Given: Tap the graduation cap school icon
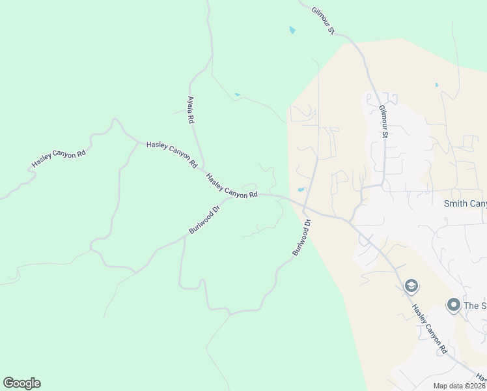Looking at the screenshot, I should tap(411, 285).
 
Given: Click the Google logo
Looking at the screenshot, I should tap(21, 383).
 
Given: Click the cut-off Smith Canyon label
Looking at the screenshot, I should tap(465, 204).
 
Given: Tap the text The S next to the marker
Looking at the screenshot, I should tap(475, 306).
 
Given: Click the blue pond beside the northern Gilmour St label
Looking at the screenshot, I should tap(292, 30).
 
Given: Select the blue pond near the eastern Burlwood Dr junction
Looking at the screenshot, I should tap(301, 190).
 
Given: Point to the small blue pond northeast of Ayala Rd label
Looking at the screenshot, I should tap(237, 95).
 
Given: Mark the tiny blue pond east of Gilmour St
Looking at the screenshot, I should tap(436, 85).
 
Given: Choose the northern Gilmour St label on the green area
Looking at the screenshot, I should tap(323, 21).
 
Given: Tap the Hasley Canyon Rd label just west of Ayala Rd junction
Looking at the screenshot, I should tap(171, 155).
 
